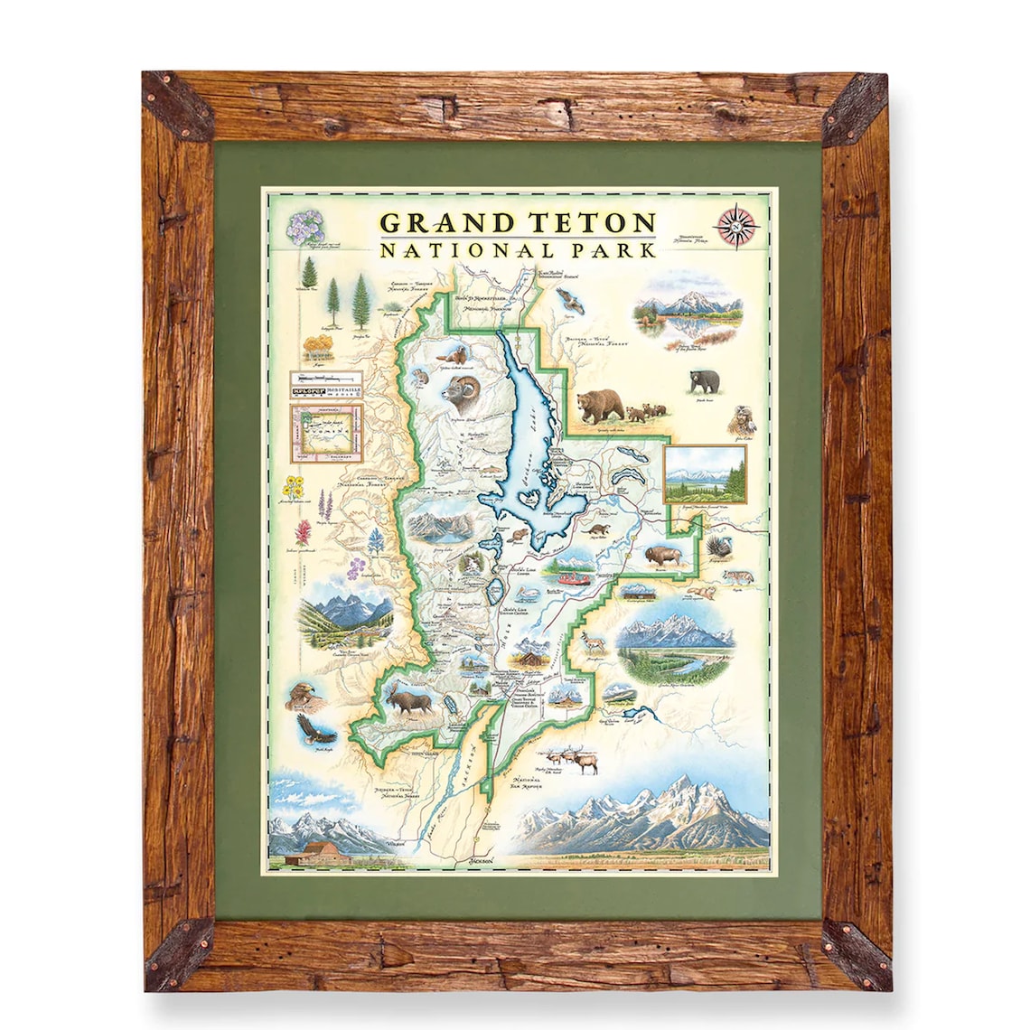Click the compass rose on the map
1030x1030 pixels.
(x=736, y=226)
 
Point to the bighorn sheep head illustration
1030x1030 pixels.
(x=458, y=388)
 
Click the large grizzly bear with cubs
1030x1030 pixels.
(x=599, y=406)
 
